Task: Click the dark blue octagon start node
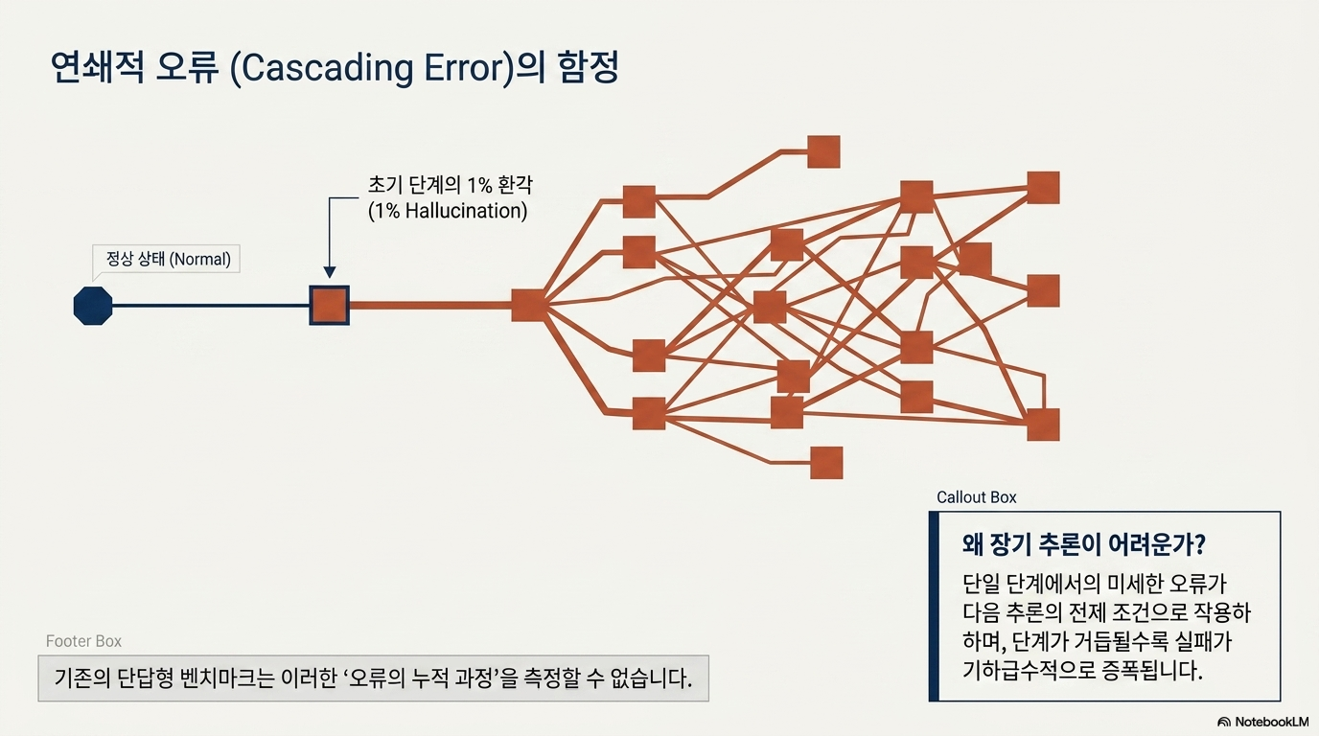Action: click(x=93, y=306)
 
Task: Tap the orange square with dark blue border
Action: click(x=329, y=306)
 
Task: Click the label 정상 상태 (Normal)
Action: click(x=169, y=259)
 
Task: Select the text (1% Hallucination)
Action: click(x=448, y=211)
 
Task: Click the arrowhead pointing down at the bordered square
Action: click(x=330, y=272)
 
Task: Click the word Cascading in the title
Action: click(x=328, y=68)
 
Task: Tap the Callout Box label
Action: click(x=976, y=497)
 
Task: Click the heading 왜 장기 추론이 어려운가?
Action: click(x=1084, y=544)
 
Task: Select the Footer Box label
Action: click(x=83, y=641)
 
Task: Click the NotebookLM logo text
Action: click(x=1271, y=722)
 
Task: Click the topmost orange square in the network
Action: click(x=823, y=152)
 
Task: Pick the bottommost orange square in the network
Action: click(x=826, y=463)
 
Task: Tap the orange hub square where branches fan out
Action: click(x=529, y=305)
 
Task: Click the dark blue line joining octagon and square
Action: click(x=211, y=306)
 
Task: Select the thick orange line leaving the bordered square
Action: click(x=430, y=306)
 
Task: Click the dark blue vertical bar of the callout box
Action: click(x=934, y=607)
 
